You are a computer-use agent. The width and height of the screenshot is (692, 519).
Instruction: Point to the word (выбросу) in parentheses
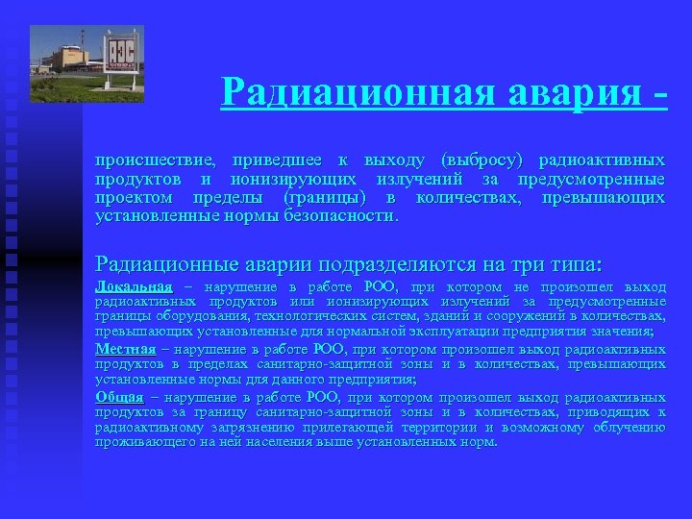pyautogui.click(x=482, y=160)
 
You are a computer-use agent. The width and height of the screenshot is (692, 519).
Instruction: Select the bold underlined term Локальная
pyautogui.click(x=134, y=287)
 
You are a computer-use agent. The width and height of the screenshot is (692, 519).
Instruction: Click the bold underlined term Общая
pyautogui.click(x=119, y=397)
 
